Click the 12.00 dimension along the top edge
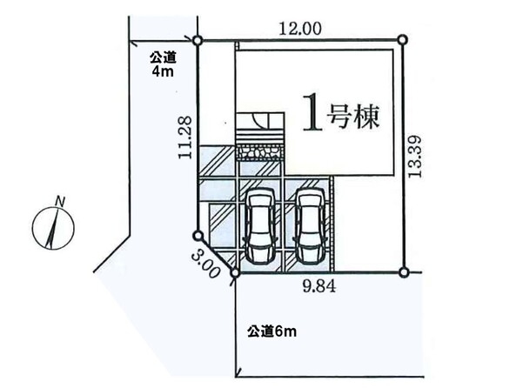300,29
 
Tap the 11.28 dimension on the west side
185,138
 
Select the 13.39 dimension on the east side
415,157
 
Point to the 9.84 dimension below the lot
319,287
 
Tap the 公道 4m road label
163,64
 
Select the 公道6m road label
271,331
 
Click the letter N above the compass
60,201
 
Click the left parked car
260,226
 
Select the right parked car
310,226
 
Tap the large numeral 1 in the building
312,113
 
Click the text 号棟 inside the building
352,117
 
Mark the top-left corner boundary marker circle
197,41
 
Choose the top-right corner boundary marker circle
403,40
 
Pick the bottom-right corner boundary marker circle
404,272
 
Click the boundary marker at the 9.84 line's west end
235,273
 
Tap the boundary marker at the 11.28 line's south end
198,236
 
